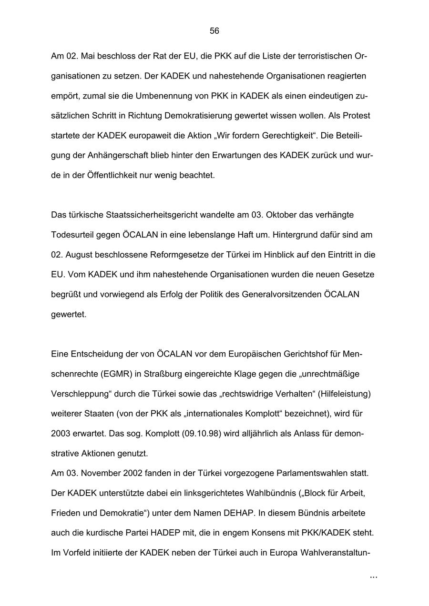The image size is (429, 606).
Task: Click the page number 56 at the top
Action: pos(214,31)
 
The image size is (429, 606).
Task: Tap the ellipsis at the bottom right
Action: pos(373,577)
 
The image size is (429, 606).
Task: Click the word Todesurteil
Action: pos(73,235)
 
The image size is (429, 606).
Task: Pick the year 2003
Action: pos(61,434)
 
